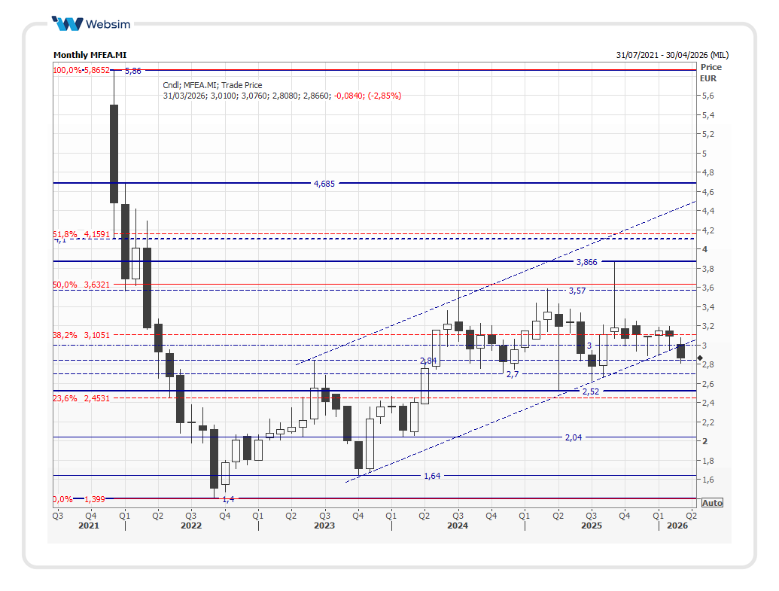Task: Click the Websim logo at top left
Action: click(90, 24)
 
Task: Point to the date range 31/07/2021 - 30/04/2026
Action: click(672, 55)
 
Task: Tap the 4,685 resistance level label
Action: click(324, 183)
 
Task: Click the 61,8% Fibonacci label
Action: click(65, 234)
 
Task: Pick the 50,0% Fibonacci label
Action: click(65, 285)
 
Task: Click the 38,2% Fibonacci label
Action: click(65, 334)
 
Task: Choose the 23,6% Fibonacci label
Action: click(65, 398)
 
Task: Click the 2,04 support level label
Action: click(574, 437)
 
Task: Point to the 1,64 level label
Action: click(432, 476)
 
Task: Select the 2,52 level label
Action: click(591, 391)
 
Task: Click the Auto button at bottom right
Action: click(712, 502)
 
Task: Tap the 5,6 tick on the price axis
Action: click(707, 96)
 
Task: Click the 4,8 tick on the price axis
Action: click(707, 173)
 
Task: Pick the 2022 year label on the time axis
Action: click(191, 526)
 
